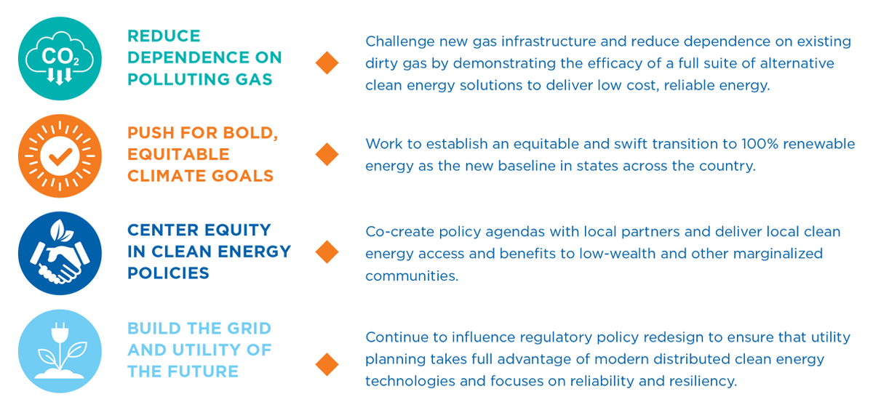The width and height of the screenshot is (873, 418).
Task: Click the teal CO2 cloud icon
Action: pos(60,58)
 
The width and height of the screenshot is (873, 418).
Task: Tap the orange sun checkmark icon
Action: pos(60,156)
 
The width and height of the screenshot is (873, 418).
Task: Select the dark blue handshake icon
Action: pos(60,253)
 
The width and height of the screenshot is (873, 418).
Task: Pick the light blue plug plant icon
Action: pos(60,351)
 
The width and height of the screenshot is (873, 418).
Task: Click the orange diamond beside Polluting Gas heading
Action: pos(327,63)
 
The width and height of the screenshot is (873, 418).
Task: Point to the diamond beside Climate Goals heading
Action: pos(327,154)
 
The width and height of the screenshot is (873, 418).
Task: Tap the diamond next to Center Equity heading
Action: pos(327,252)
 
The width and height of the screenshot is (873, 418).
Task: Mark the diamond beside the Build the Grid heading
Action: pos(327,365)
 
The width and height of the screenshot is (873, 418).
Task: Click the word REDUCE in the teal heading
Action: pos(164,36)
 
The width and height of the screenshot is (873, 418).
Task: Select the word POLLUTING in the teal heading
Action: pos(178,79)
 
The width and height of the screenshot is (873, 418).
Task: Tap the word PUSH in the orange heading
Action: pos(151,133)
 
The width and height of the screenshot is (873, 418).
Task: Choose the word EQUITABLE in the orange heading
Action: pos(178,154)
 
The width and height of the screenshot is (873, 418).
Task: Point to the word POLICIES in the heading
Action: pos(168,273)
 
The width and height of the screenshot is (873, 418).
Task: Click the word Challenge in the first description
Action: pos(400,41)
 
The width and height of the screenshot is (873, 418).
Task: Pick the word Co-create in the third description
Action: pos(400,232)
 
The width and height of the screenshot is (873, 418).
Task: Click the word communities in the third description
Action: pos(412,276)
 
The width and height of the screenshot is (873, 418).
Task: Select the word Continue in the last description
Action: pos(397,337)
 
